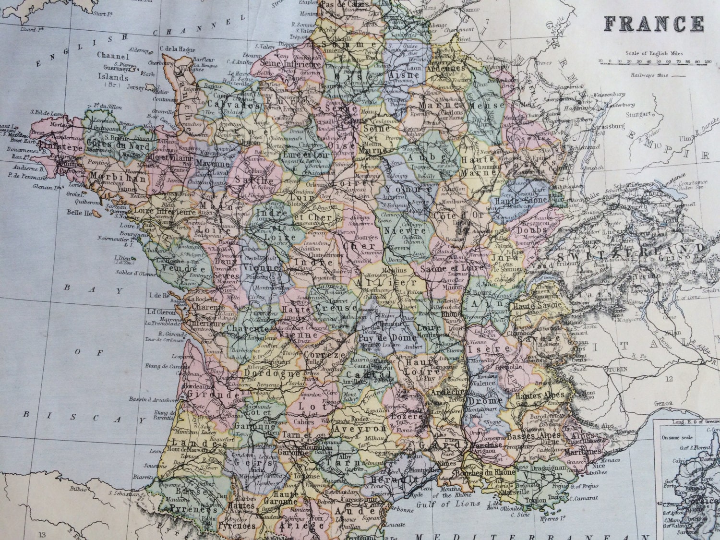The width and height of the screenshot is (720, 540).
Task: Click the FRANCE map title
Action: point(654,24)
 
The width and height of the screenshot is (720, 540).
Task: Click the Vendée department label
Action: point(177,269)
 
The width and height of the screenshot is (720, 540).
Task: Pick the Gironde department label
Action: point(207,394)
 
